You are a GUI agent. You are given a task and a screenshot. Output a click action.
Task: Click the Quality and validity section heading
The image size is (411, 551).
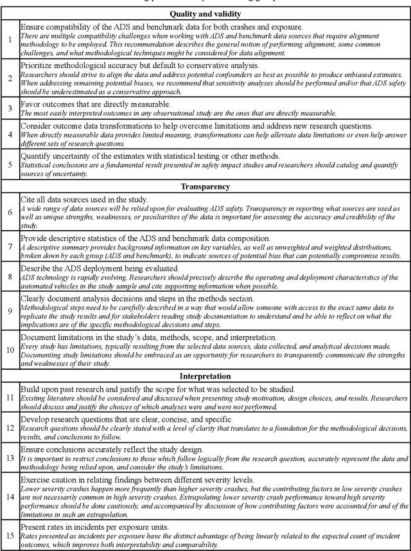coord(205,13)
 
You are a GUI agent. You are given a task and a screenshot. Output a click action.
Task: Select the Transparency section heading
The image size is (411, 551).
coord(205,187)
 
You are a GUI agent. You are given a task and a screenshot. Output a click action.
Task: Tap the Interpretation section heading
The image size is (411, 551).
coord(205,375)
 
